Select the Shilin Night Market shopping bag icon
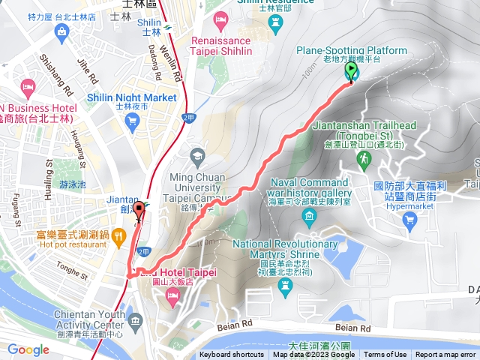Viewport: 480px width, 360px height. [134, 123]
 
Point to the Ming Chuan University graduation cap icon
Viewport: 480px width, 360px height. [197, 156]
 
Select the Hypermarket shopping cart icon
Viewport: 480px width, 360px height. [409, 219]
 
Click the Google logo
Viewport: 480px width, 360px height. [28, 349]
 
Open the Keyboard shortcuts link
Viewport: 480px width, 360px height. [231, 355]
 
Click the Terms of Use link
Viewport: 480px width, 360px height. [385, 355]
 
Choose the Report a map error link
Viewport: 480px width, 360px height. [445, 355]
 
